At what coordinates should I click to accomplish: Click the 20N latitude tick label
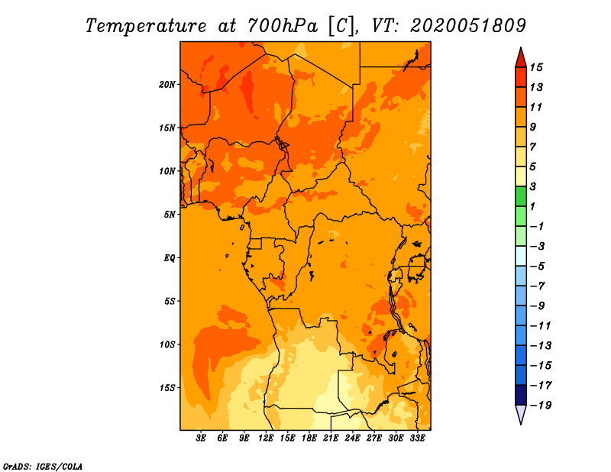click(166, 84)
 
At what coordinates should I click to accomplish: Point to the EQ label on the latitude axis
click(169, 257)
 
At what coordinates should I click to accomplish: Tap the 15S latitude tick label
click(167, 388)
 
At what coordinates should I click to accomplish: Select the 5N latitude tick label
click(170, 215)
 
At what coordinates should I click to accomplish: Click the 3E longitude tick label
click(201, 438)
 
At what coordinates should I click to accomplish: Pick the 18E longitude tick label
click(309, 438)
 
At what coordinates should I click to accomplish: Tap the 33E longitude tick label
click(417, 438)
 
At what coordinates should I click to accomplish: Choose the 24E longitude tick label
click(352, 438)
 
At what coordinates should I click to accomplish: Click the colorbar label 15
click(536, 67)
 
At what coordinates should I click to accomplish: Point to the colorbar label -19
click(541, 406)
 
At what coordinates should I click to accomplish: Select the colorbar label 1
click(532, 206)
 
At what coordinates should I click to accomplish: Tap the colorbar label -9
click(538, 306)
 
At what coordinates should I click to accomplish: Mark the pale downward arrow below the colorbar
click(521, 413)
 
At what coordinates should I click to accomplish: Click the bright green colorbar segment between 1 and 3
click(521, 196)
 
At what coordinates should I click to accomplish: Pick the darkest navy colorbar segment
click(521, 395)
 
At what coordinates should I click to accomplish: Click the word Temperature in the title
click(146, 26)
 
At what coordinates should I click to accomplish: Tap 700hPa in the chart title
click(283, 26)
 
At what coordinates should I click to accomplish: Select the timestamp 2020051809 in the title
click(468, 26)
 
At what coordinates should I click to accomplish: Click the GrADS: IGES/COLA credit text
click(43, 466)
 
